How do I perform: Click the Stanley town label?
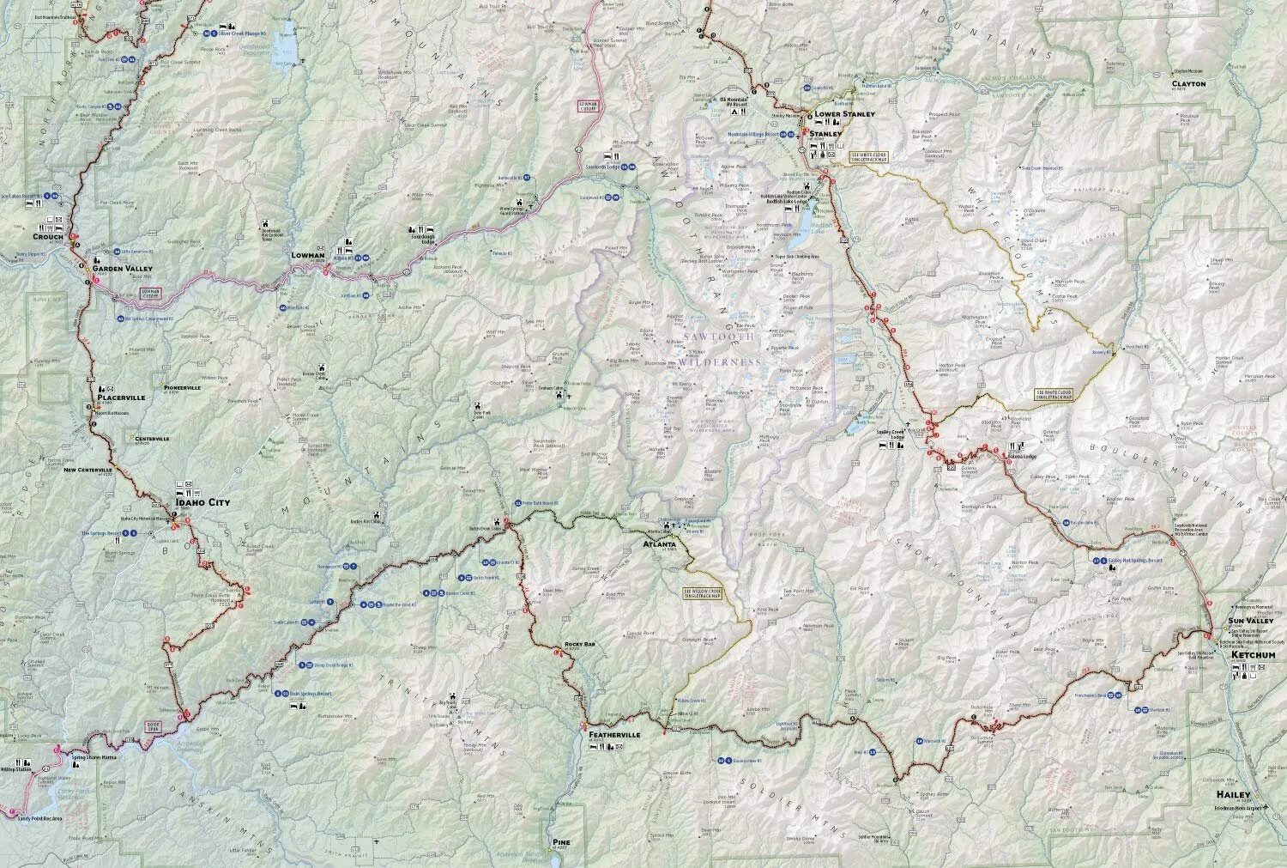click(825, 134)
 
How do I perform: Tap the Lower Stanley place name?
click(844, 114)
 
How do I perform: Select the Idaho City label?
click(203, 503)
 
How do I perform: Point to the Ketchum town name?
click(1253, 655)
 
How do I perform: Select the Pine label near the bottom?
click(561, 842)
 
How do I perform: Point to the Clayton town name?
click(1188, 84)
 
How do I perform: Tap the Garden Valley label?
click(122, 269)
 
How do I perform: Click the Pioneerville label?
click(182, 387)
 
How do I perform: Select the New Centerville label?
click(88, 470)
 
